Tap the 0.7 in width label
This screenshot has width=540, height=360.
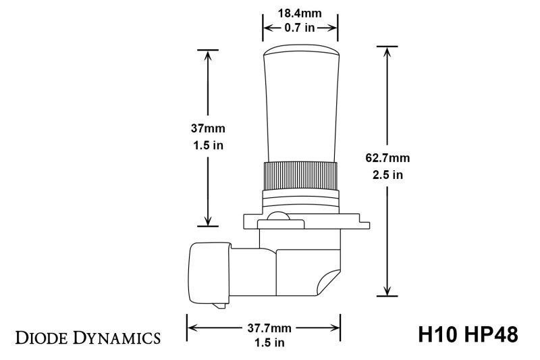pos(300,28)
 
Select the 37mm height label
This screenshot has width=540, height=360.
pos(207,128)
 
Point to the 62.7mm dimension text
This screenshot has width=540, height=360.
pos(388,159)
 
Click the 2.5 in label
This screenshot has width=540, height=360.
pos(388,175)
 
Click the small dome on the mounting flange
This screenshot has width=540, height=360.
pos(276,217)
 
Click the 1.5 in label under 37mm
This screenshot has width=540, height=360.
pos(207,144)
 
